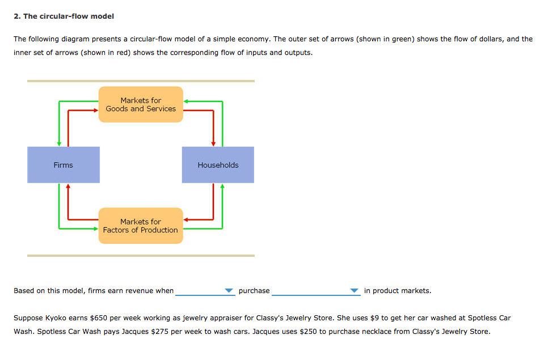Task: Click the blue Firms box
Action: click(x=64, y=165)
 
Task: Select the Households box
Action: click(x=218, y=165)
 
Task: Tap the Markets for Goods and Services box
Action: click(x=141, y=104)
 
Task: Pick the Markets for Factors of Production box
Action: click(x=141, y=226)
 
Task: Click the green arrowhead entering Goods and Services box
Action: click(x=185, y=101)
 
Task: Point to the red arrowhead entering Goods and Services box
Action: click(x=96, y=111)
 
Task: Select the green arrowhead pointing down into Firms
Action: click(x=58, y=143)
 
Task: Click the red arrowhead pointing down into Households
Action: click(x=213, y=143)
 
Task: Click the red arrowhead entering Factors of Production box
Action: click(x=185, y=219)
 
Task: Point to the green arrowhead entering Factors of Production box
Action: click(x=96, y=228)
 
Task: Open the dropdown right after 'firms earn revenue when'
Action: click(x=205, y=291)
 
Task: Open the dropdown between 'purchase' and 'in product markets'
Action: click(x=315, y=291)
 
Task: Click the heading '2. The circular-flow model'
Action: click(x=64, y=16)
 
